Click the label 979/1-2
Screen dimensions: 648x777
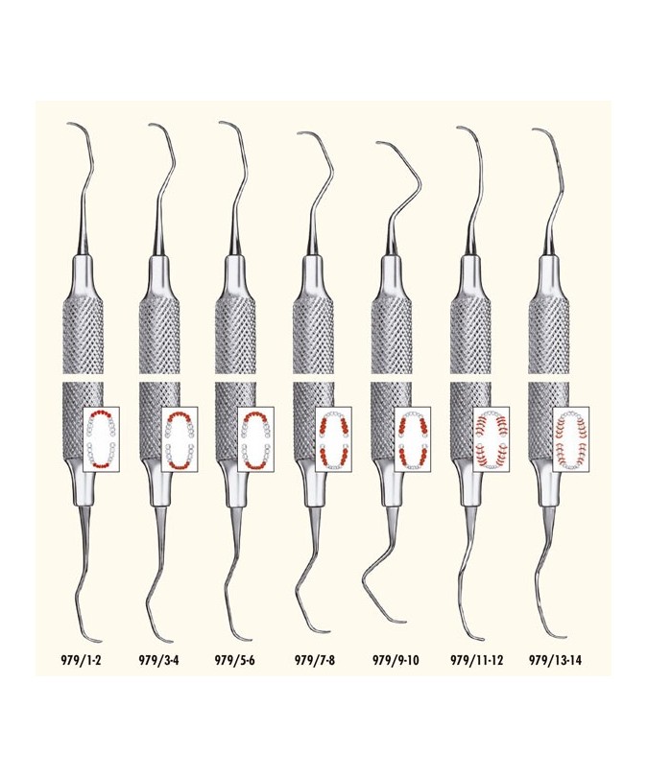[x=81, y=660]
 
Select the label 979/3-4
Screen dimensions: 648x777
[x=158, y=660]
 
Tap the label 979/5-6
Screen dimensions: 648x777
[x=234, y=660]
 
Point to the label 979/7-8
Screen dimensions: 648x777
[x=315, y=660]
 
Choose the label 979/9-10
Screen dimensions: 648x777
[x=396, y=660]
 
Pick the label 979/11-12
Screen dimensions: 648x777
[x=476, y=660]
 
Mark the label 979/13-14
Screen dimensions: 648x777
[x=555, y=660]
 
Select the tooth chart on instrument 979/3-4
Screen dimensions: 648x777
[x=180, y=439]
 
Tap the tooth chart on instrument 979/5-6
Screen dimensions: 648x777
[x=255, y=439]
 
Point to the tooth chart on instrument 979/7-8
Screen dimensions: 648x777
[x=334, y=439]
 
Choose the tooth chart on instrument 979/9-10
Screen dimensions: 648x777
[x=413, y=439]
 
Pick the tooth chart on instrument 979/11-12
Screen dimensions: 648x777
[x=492, y=439]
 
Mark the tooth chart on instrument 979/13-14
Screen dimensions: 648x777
[x=570, y=439]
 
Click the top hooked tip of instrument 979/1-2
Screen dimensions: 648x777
[x=68, y=124]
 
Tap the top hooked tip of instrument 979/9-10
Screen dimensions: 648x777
[x=378, y=143]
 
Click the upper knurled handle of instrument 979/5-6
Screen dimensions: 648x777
[x=235, y=335]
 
